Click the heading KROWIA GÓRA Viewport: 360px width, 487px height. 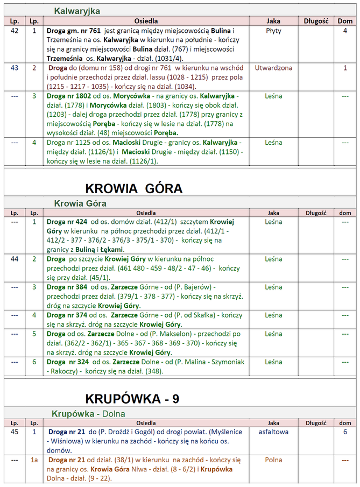[x=134, y=188]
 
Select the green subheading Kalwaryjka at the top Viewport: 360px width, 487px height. [x=77, y=11]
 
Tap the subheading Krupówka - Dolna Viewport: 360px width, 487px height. [x=88, y=413]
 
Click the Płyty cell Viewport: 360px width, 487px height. [x=273, y=31]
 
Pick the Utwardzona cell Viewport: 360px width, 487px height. [x=273, y=68]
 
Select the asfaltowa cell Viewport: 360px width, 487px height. [x=273, y=432]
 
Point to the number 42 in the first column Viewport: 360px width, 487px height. [x=15, y=31]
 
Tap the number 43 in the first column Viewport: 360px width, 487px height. [x=15, y=68]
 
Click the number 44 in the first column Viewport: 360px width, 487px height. [x=15, y=259]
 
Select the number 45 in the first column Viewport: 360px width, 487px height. [x=15, y=432]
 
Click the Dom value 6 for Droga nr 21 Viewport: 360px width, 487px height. [x=345, y=432]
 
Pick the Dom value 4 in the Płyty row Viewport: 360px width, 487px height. [x=345, y=31]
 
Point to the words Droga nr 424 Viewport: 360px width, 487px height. [x=67, y=222]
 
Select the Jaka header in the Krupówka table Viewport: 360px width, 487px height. [x=273, y=423]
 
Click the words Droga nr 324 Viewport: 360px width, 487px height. [x=67, y=362]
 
